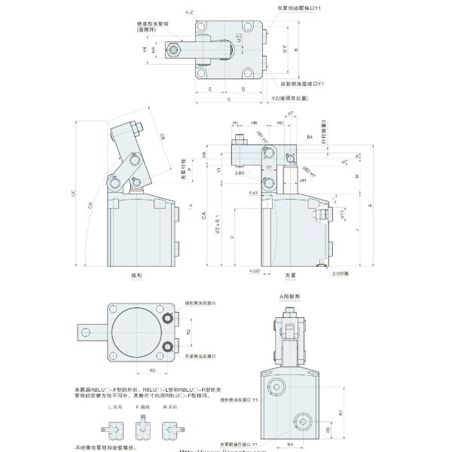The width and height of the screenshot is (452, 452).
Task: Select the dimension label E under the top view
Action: (x=209, y=89)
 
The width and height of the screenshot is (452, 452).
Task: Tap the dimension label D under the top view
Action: (x=242, y=89)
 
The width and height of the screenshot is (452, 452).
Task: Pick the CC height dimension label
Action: (x=94, y=194)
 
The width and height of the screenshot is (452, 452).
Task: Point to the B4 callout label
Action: (x=309, y=137)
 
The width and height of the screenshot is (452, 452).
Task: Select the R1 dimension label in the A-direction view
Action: (x=341, y=413)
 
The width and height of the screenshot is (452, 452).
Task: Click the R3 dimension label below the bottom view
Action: (x=153, y=371)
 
